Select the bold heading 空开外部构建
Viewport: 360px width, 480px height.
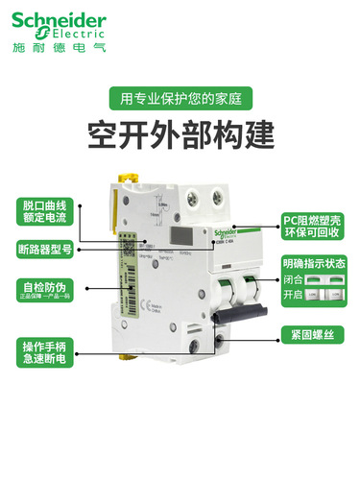(x=180, y=130)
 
